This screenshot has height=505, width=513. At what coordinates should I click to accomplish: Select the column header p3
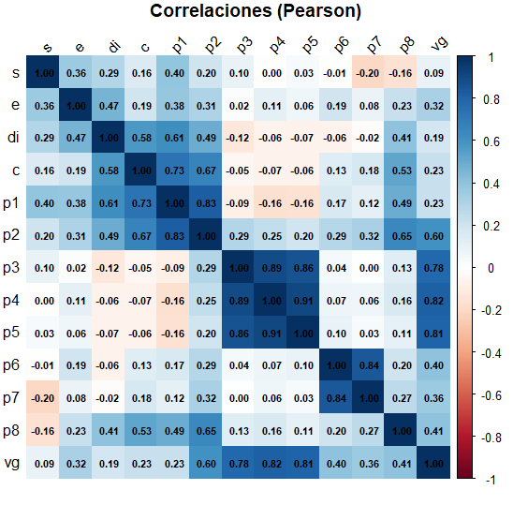coord(243,45)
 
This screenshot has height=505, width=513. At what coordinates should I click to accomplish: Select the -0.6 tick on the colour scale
coord(484,394)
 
